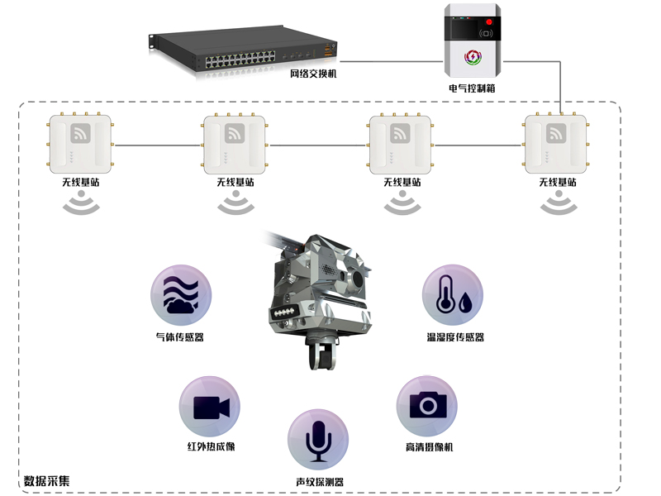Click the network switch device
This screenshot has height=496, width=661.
coord(244,53)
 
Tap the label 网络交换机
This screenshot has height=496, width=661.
coord(313,74)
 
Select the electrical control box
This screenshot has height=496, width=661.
coord(473,40)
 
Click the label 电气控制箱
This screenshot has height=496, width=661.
coord(472,88)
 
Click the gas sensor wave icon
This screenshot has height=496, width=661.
coord(181,296)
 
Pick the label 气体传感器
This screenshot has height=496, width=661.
coord(180,337)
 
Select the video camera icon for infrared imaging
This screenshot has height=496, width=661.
coord(211,407)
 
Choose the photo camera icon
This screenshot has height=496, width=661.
coord(427,406)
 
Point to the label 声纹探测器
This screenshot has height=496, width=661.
coord(319,482)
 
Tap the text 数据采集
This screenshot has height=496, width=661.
coord(47,480)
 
